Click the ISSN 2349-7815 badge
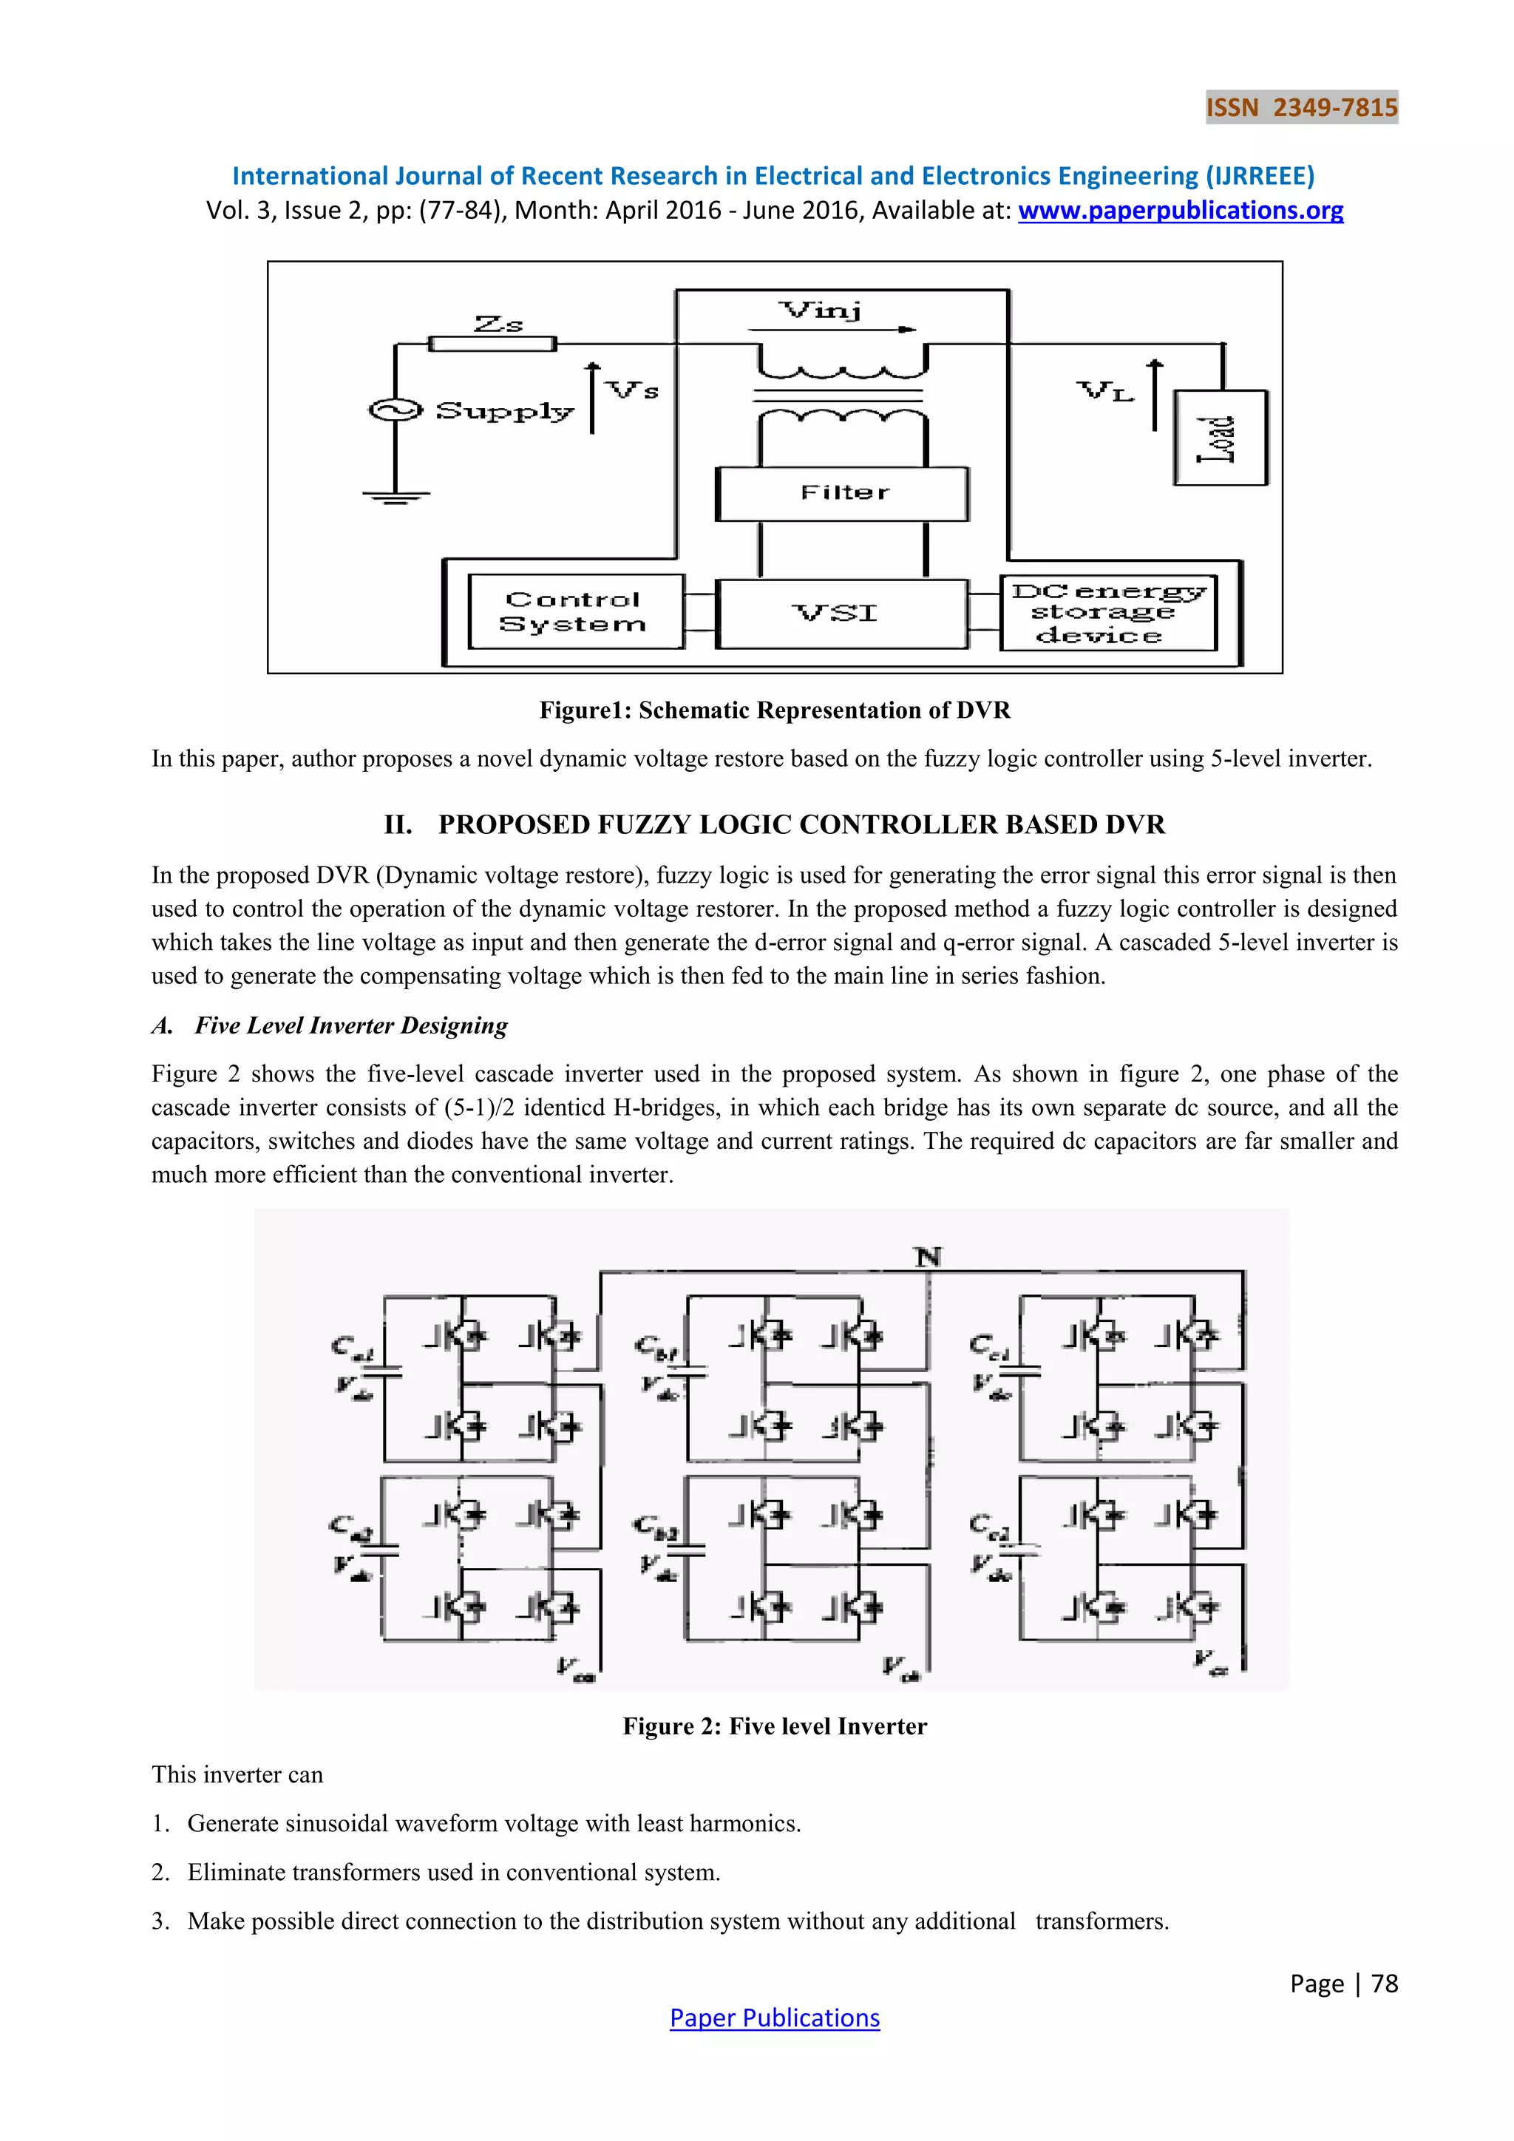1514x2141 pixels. (x=1300, y=107)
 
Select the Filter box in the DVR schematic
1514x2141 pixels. (x=843, y=493)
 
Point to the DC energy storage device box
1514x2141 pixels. (x=1107, y=614)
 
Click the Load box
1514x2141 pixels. (x=1219, y=438)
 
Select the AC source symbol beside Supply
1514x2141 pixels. (x=396, y=410)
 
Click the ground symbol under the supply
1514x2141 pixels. (x=396, y=496)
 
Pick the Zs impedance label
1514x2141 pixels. (x=499, y=324)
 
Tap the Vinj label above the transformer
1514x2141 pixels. (x=821, y=310)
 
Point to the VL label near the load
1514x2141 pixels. (x=1106, y=390)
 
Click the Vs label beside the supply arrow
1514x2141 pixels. (x=633, y=390)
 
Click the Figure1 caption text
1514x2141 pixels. (x=775, y=710)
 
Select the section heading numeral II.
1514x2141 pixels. (x=398, y=825)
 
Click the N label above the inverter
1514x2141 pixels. (x=928, y=1257)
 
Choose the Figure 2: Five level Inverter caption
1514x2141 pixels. (x=775, y=1726)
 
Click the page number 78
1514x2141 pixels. (x=1385, y=1984)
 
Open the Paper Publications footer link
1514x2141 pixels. (x=775, y=2018)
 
